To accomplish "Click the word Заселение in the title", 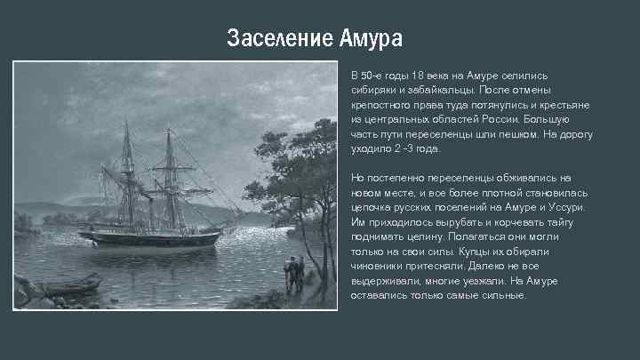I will (279, 39).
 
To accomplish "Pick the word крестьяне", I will (561, 104).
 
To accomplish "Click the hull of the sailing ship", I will (151, 238).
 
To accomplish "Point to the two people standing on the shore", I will (294, 271).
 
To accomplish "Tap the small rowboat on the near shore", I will (71, 285).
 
